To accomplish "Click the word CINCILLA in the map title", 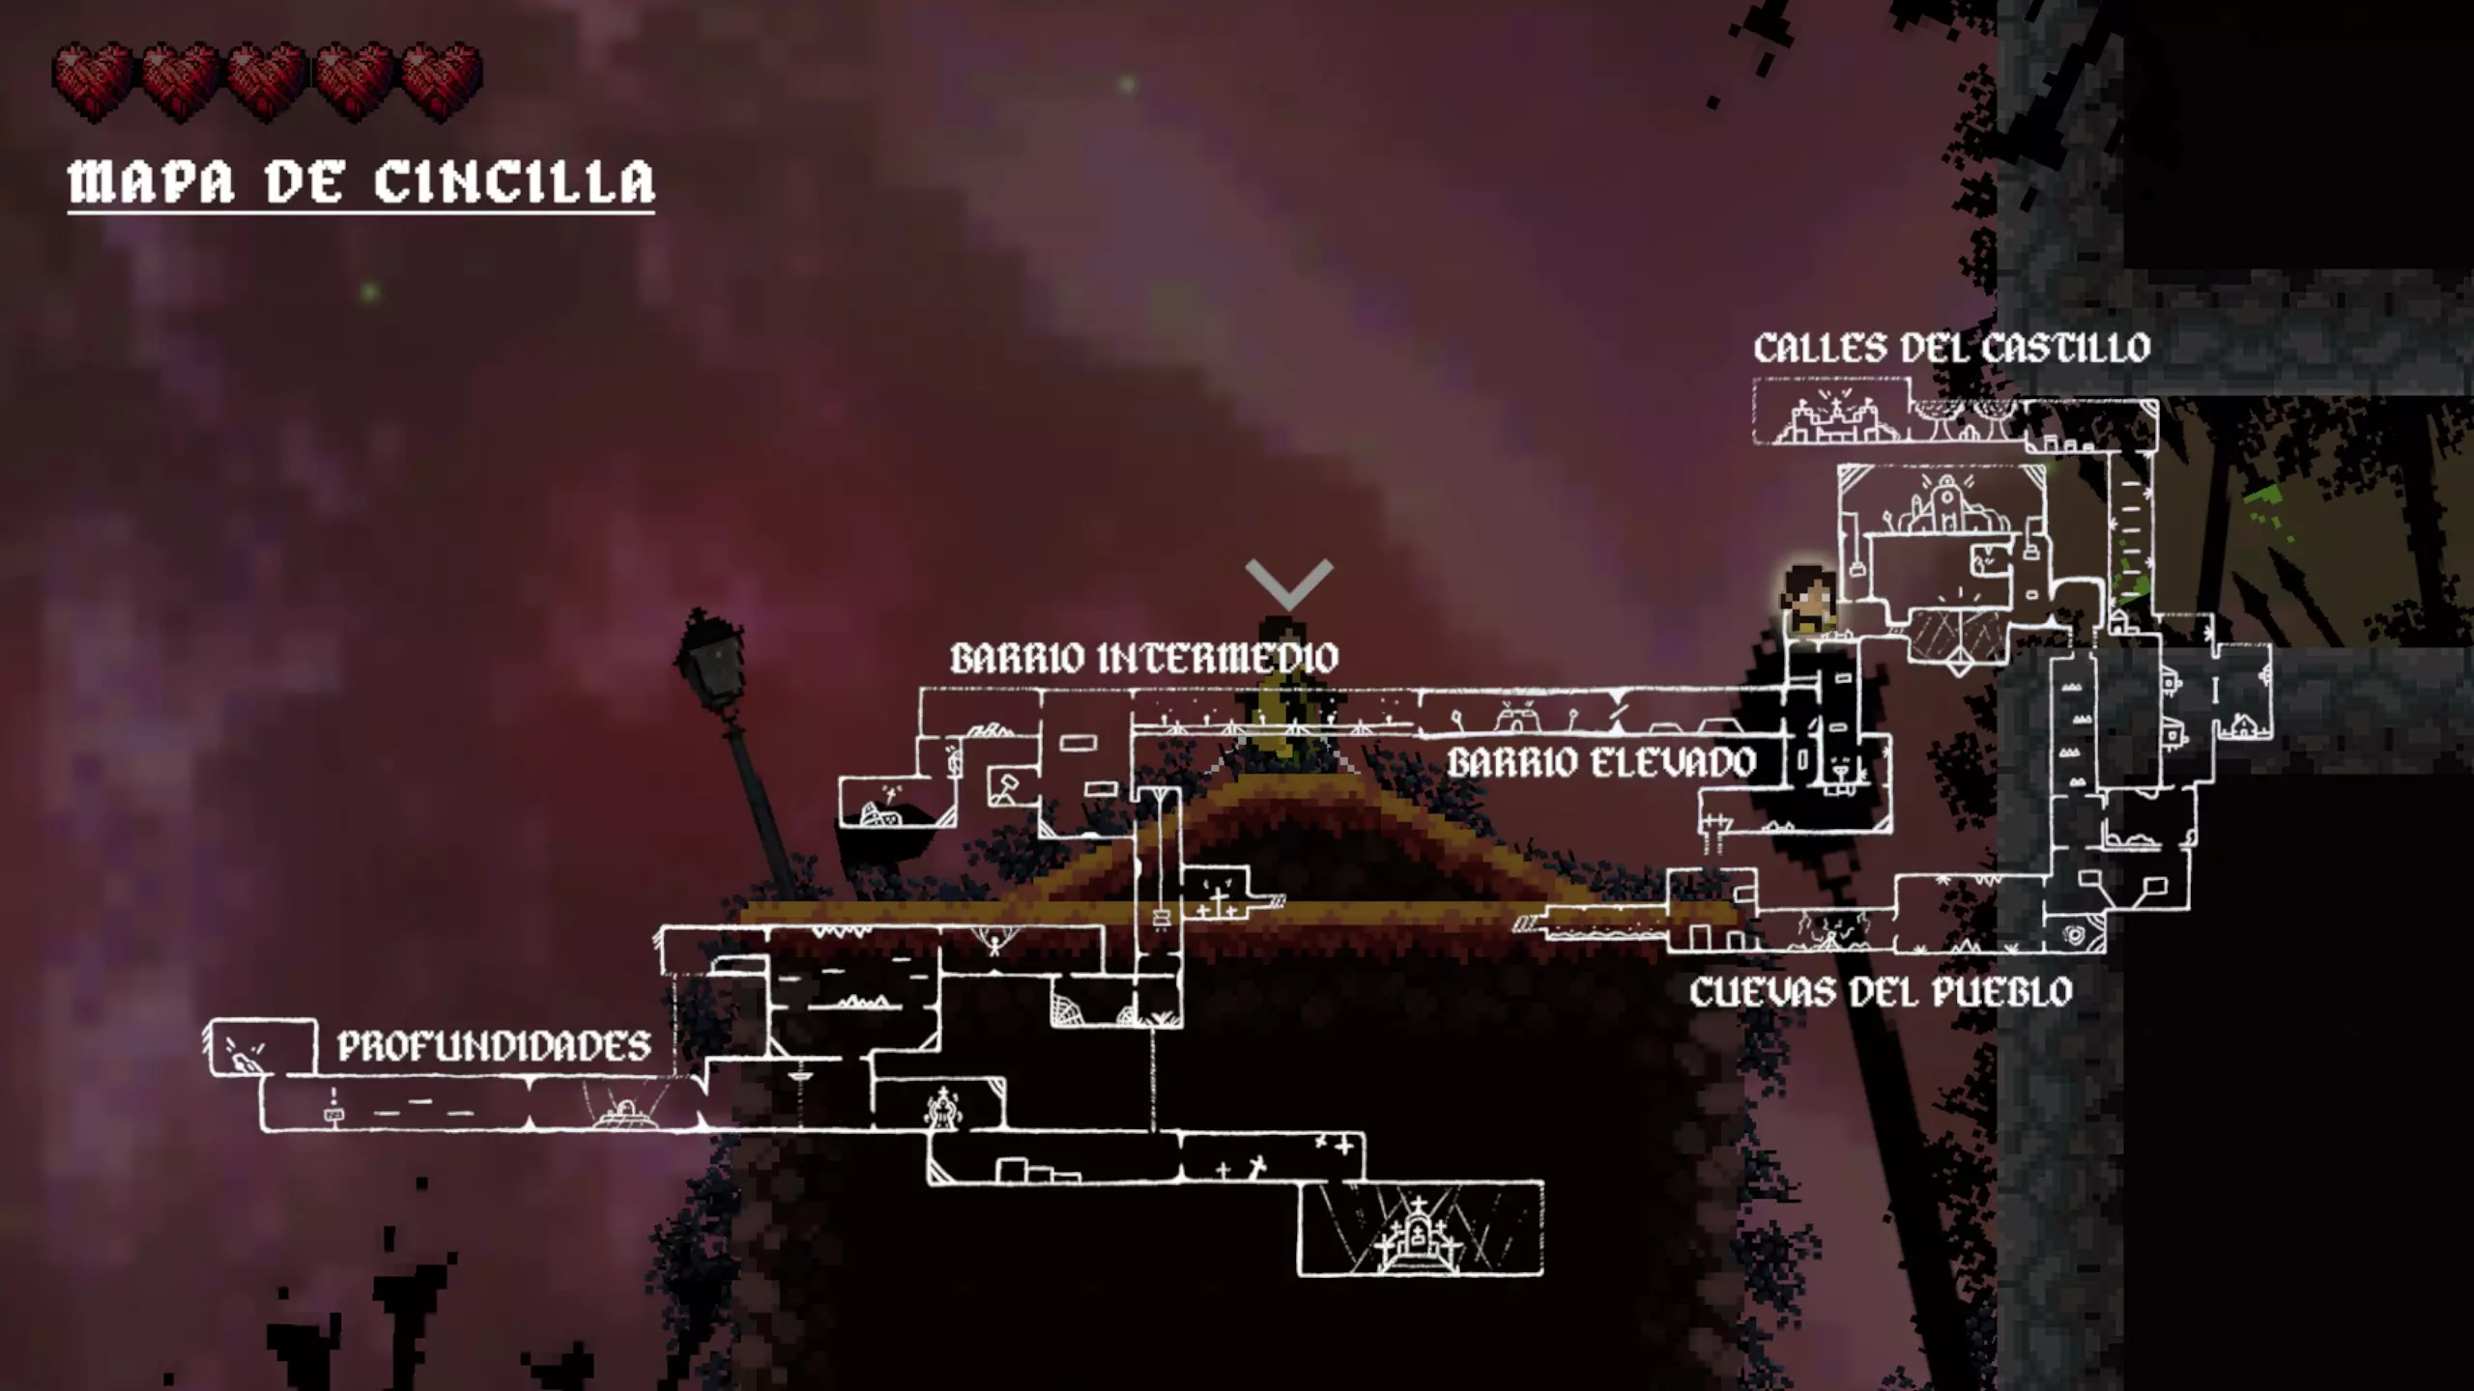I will point(514,182).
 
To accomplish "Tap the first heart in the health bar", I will point(93,79).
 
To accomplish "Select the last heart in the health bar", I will point(442,79).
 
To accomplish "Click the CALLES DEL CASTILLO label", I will point(1951,349).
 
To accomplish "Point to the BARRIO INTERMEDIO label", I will point(1144,659).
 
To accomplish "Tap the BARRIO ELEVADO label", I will point(1600,763).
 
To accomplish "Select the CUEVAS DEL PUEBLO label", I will point(1881,992).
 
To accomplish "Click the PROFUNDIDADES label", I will point(494,1046).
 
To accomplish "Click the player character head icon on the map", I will point(1808,598).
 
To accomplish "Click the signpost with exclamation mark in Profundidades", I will point(333,1107).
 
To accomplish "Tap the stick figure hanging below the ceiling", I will point(993,942).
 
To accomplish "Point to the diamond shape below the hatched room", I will point(1959,665).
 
